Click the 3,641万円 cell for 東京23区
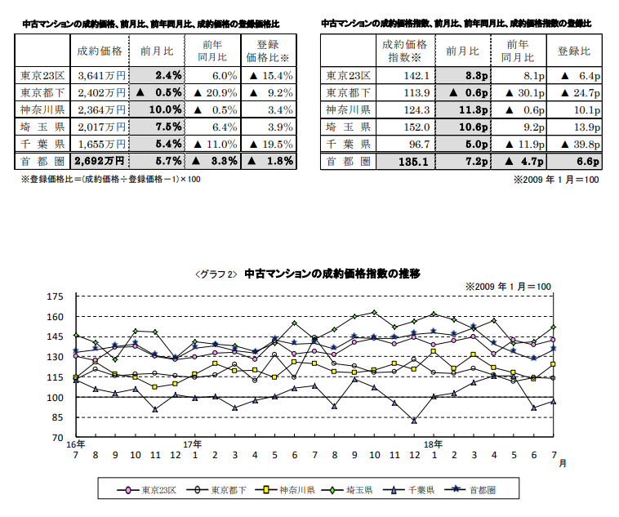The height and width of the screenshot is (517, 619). click(98, 76)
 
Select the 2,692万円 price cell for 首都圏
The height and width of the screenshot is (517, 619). click(99, 161)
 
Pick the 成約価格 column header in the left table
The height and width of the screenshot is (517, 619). click(99, 51)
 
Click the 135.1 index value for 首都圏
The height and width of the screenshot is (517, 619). click(399, 161)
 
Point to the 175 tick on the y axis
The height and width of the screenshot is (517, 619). click(55, 296)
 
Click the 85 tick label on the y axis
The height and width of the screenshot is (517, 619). click(57, 418)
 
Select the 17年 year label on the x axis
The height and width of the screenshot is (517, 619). click(194, 444)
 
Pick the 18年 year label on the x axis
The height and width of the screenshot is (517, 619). click(434, 444)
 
